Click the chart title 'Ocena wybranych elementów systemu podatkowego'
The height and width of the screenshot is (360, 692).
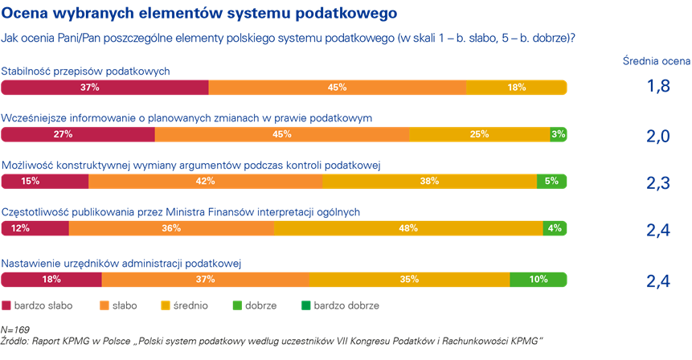[x=199, y=14]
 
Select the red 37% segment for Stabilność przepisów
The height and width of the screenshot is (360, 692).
[x=104, y=88]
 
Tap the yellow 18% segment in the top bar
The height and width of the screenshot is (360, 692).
[x=516, y=88]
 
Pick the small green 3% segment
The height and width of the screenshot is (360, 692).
[x=558, y=134]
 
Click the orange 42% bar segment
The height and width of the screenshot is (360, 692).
[x=205, y=182]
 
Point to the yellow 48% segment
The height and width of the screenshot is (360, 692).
[x=408, y=228]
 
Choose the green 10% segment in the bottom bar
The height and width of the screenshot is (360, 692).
[x=538, y=279]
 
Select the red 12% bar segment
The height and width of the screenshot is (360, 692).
[x=35, y=228]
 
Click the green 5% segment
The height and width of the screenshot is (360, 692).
[x=551, y=182]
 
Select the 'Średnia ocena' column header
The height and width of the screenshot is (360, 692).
[x=656, y=61]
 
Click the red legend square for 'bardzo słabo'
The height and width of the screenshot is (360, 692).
[x=6, y=305]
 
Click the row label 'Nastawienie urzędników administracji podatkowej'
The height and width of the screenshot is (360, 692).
[x=122, y=263]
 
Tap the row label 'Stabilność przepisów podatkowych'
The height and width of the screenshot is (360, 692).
[x=86, y=71]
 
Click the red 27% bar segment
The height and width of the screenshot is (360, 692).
[x=78, y=134]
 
